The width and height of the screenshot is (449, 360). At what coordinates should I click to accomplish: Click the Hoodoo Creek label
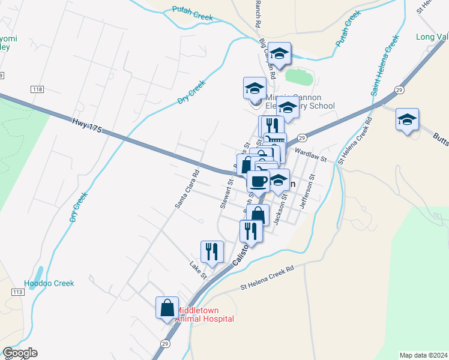(49, 283)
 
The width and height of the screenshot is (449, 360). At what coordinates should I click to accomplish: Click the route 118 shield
(37, 89)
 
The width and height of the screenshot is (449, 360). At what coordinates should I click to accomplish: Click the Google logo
(20, 353)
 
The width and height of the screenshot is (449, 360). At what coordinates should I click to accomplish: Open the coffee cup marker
(258, 181)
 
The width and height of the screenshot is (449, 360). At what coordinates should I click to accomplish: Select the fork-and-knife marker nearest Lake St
(212, 251)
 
